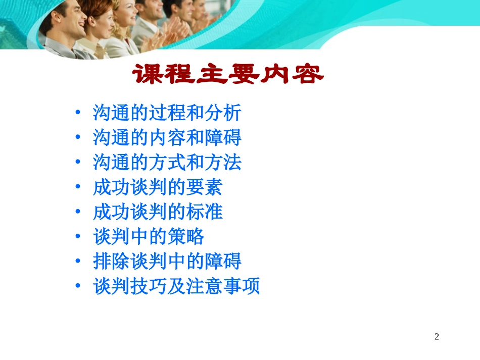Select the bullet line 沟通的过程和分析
pyautogui.click(x=167, y=113)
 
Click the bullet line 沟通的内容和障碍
pyautogui.click(x=167, y=137)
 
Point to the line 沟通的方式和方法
pyautogui.click(x=167, y=162)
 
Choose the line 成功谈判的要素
pyautogui.click(x=158, y=187)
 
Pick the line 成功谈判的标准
pyautogui.click(x=158, y=212)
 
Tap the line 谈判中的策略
pyautogui.click(x=149, y=237)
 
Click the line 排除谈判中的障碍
pyautogui.click(x=167, y=262)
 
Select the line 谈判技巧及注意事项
pyautogui.click(x=176, y=286)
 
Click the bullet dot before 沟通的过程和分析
pyautogui.click(x=77, y=113)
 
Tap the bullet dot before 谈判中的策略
pyautogui.click(x=77, y=237)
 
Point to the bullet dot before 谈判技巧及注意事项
pyautogui.click(x=77, y=286)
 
